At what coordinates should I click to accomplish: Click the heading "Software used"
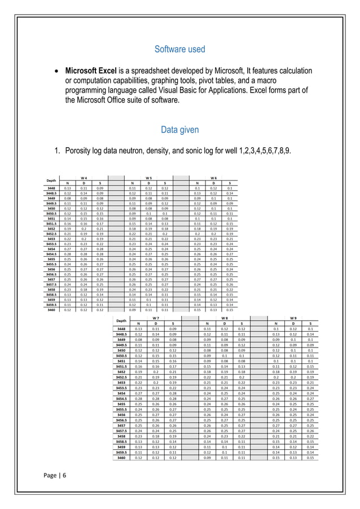tap(180, 50)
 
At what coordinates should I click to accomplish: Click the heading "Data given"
tap(180, 130)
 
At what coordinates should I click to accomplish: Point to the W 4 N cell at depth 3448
tap(67, 187)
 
